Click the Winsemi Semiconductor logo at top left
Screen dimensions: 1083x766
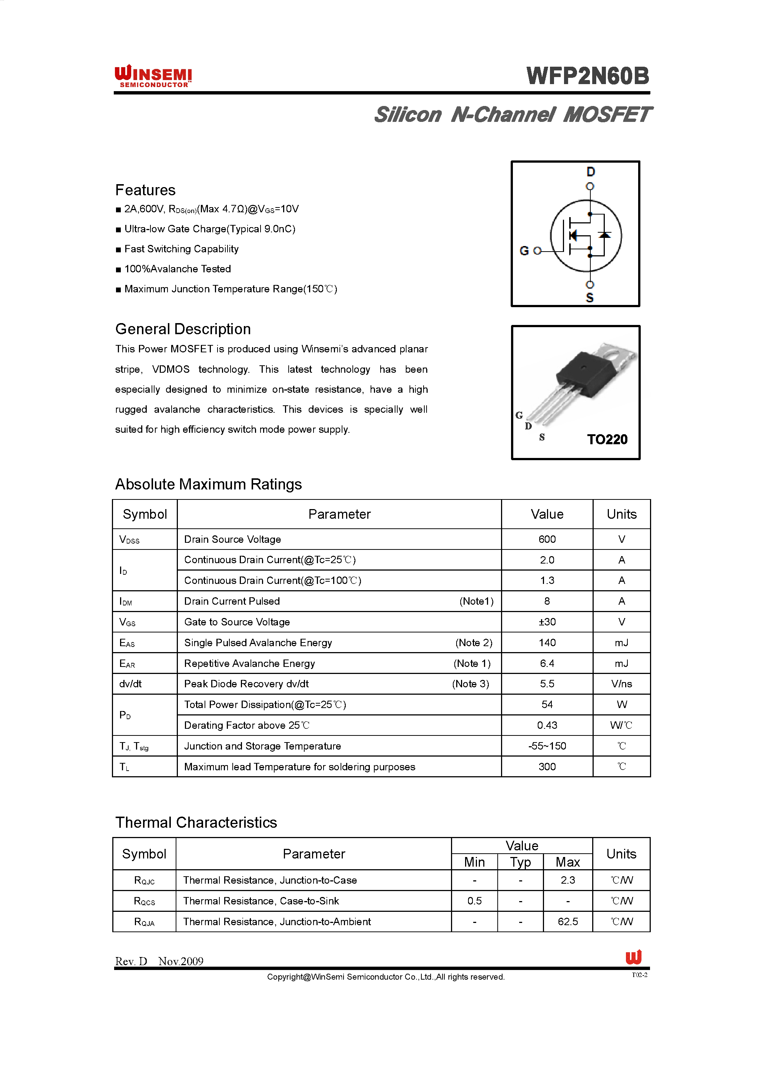click(153, 76)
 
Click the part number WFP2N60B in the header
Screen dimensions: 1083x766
click(588, 76)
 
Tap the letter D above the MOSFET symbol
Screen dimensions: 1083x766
click(591, 172)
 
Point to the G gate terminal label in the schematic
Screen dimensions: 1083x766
click(524, 250)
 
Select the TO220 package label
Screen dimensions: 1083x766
click(607, 439)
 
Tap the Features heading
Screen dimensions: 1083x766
click(145, 190)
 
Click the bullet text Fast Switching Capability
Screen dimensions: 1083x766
click(181, 249)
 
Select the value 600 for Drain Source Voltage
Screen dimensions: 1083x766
click(547, 539)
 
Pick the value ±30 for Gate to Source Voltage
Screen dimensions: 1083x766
click(547, 622)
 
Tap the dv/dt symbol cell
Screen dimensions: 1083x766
click(131, 684)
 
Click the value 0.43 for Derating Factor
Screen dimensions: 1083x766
click(547, 725)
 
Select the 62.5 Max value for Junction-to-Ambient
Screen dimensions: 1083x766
click(567, 921)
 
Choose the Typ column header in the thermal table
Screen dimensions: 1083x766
click(520, 862)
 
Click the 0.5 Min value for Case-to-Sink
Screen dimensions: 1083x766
click(474, 900)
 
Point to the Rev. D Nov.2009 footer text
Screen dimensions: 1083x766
click(159, 961)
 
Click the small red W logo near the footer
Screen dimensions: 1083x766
click(633, 957)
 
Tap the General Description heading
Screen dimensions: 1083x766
click(183, 329)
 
